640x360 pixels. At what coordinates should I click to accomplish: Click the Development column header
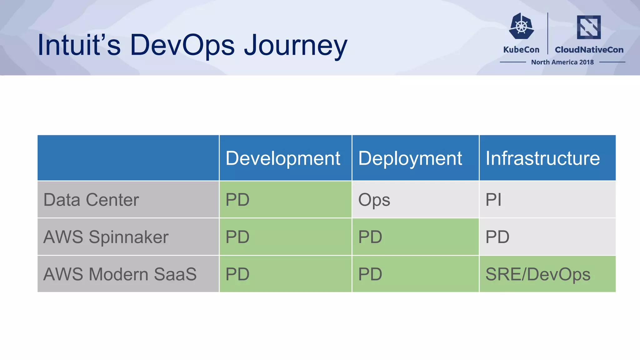pyautogui.click(x=283, y=158)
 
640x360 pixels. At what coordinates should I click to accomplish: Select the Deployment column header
pyautogui.click(x=410, y=158)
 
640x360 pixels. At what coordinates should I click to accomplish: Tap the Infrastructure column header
pyautogui.click(x=542, y=158)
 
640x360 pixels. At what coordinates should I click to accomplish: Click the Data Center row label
pyautogui.click(x=91, y=200)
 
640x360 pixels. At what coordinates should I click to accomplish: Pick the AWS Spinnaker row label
pyautogui.click(x=106, y=237)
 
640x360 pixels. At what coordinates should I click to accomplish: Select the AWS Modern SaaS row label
pyautogui.click(x=120, y=274)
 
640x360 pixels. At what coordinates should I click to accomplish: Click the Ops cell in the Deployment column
pyautogui.click(x=374, y=200)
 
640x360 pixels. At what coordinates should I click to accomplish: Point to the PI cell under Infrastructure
pyautogui.click(x=493, y=200)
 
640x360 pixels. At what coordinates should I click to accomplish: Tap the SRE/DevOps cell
pyautogui.click(x=538, y=274)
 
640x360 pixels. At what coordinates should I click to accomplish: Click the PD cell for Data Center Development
pyautogui.click(x=237, y=200)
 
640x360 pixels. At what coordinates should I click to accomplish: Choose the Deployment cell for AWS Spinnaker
pyautogui.click(x=370, y=237)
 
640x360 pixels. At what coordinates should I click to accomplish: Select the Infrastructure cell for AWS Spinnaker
pyautogui.click(x=497, y=237)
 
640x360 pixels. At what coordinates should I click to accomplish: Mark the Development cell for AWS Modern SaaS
pyautogui.click(x=237, y=274)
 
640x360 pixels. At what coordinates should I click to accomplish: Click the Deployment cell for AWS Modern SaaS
pyautogui.click(x=370, y=274)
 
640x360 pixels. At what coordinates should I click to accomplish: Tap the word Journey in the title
pyautogui.click(x=295, y=46)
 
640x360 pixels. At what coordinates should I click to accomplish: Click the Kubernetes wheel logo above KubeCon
pyautogui.click(x=521, y=26)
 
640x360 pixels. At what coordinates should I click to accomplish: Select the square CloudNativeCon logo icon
pyautogui.click(x=589, y=27)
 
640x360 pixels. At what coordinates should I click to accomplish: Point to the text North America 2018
pyautogui.click(x=562, y=62)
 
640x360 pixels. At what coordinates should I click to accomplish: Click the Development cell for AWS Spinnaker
pyautogui.click(x=237, y=237)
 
